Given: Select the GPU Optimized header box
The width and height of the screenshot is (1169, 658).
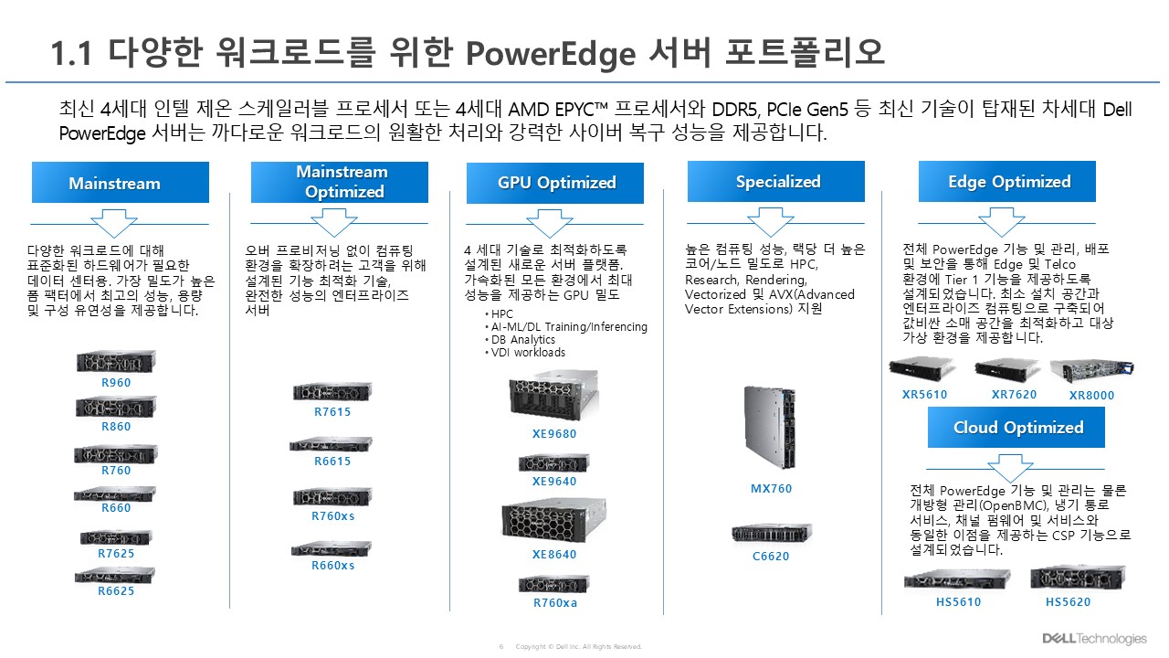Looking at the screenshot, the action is [x=555, y=183].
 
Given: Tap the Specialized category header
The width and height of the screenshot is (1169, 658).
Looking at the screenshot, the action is [x=777, y=181].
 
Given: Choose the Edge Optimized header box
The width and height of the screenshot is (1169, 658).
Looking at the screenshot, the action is [x=1007, y=181].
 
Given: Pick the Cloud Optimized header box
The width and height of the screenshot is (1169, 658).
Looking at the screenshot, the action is [x=1017, y=427].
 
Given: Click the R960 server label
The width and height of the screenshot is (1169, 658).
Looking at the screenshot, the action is [x=116, y=383].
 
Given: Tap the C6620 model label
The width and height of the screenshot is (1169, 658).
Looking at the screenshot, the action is [x=771, y=556].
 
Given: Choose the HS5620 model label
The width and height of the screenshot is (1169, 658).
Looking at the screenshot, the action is [x=1068, y=602].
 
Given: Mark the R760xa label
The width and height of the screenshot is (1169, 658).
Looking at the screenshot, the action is [x=555, y=603].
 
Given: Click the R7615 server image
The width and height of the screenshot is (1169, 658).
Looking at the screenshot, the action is [x=332, y=392].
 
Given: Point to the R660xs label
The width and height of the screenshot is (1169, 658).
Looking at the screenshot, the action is [x=332, y=566].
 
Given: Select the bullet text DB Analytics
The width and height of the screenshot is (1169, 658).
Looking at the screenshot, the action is [x=522, y=340].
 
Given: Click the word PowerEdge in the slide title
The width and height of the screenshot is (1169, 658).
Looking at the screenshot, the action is [x=548, y=53].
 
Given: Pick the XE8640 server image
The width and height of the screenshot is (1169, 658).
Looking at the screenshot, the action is [x=554, y=518].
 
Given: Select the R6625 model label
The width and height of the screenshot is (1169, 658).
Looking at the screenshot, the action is [x=116, y=591].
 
